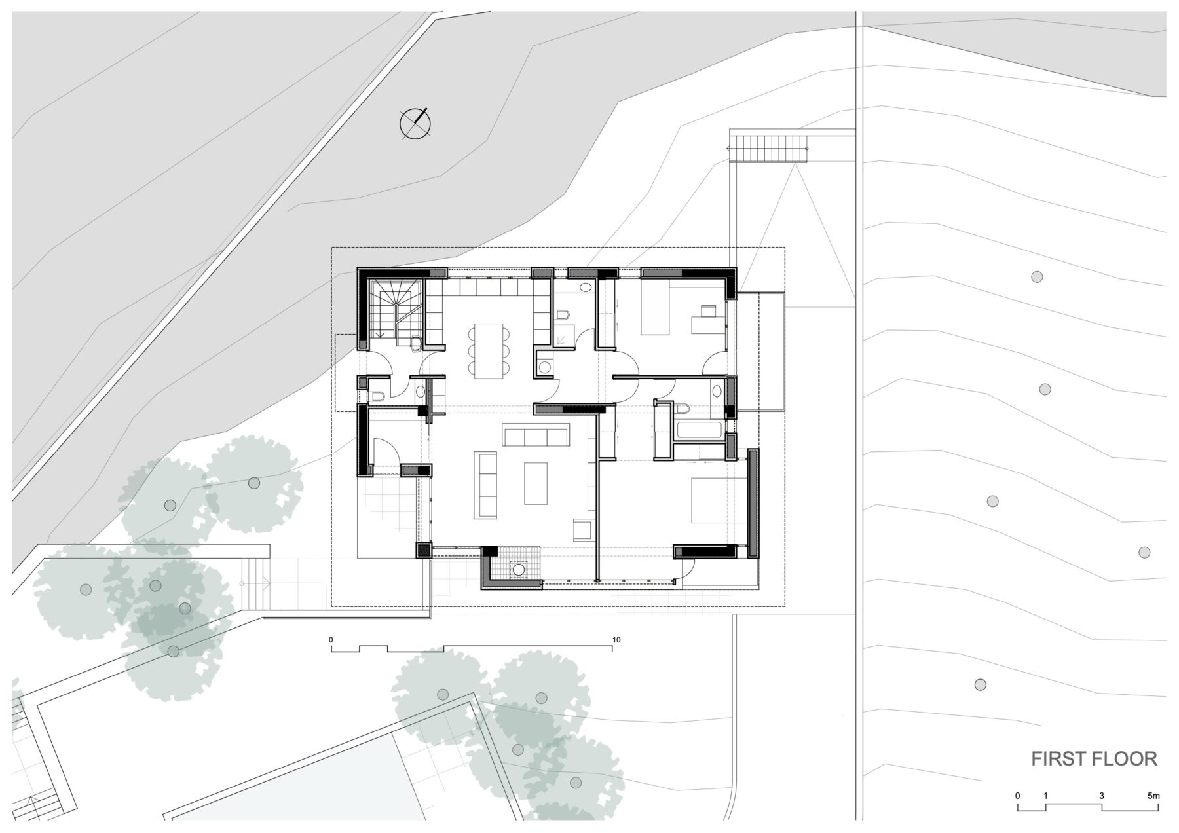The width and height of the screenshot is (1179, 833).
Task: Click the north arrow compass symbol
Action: coord(415,123)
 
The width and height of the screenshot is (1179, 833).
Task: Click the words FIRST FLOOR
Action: coord(1094,759)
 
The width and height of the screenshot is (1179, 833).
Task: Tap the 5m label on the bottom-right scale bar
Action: coord(1153,796)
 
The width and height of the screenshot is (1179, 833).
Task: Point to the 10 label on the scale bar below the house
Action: coord(616,640)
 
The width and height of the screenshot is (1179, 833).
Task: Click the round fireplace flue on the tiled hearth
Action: coord(519,570)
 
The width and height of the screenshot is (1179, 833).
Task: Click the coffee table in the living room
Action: coord(536,483)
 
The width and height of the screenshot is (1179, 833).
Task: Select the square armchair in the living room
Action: coord(583,530)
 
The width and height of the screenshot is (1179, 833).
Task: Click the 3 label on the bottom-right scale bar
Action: coord(1102,796)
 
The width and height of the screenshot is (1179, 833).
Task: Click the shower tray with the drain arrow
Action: coord(563,336)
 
